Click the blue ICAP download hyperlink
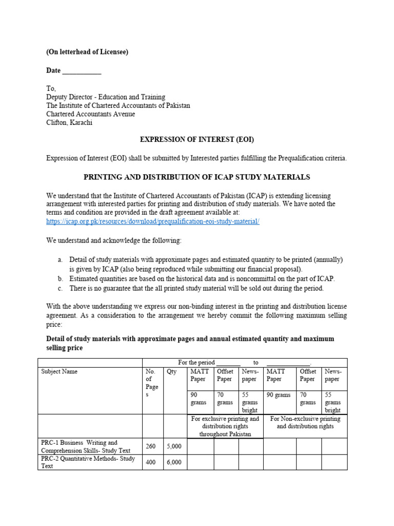click(x=153, y=221)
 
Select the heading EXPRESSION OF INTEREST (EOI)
click(x=198, y=139)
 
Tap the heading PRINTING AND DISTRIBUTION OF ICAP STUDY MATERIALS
click(x=197, y=177)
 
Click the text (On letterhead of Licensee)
click(x=87, y=52)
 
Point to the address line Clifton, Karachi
click(x=70, y=123)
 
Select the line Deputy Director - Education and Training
click(x=106, y=97)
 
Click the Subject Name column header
click(x=59, y=371)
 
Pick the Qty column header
click(x=171, y=371)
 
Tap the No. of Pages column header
click(x=151, y=383)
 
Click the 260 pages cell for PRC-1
click(x=151, y=446)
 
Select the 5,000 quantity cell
click(x=174, y=446)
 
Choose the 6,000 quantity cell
click(x=174, y=462)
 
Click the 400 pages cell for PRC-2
click(x=151, y=462)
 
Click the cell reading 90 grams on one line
click(x=278, y=395)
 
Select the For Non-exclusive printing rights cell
click(x=305, y=423)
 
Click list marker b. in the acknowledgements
click(x=60, y=278)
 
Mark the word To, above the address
click(x=51, y=88)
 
